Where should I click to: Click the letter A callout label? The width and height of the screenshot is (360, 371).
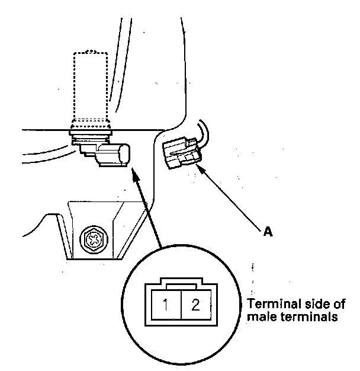(x=268, y=232)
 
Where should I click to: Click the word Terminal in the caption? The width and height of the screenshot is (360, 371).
(x=270, y=304)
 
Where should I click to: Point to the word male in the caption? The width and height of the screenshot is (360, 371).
(x=258, y=317)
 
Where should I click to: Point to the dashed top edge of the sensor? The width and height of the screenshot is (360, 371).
(x=90, y=53)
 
